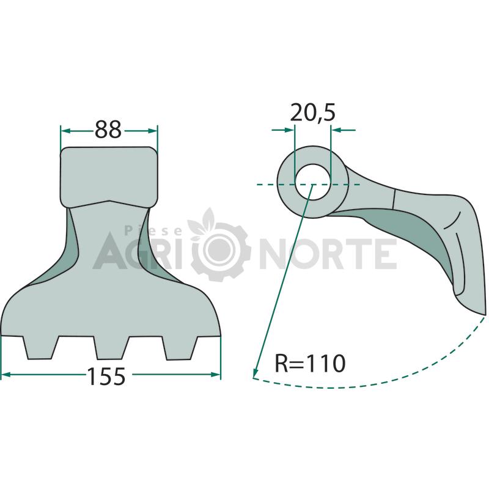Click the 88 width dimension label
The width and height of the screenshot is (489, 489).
(x=108, y=130)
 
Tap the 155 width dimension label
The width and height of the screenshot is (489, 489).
(x=106, y=376)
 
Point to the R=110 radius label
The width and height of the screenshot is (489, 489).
(x=310, y=363)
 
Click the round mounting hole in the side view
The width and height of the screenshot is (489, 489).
(x=312, y=182)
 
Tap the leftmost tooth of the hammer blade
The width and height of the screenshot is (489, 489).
(x=40, y=348)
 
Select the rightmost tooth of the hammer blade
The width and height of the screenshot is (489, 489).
(x=180, y=348)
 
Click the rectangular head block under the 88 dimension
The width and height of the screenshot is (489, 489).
(x=109, y=177)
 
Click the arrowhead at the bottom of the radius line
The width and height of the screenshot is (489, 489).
(x=256, y=373)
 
